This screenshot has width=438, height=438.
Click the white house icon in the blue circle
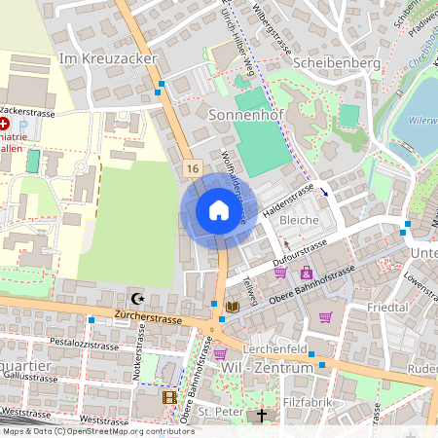[x=218, y=209]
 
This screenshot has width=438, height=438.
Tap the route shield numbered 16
[x=191, y=168]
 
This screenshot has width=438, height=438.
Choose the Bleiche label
[x=300, y=221]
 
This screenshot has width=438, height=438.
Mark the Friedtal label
[x=388, y=307]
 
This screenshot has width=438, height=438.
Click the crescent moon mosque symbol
[x=135, y=299]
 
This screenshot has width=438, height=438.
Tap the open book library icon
[x=231, y=307]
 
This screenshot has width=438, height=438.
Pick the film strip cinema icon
[x=170, y=397]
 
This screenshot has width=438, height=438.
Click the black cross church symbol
[x=260, y=416]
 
